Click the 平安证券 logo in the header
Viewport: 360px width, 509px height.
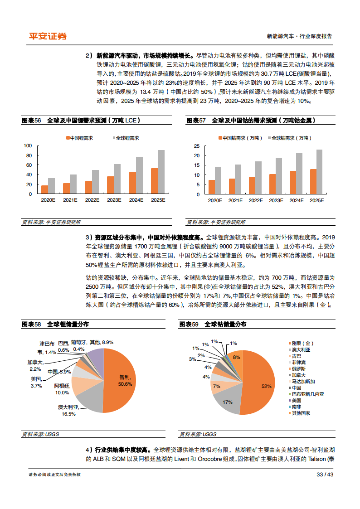tap(48, 36)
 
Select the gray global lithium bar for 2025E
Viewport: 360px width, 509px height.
tap(161, 172)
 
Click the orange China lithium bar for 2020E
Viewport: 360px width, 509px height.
tap(45, 189)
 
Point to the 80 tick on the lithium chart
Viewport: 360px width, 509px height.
tap(28, 155)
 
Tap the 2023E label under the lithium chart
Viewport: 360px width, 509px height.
tap(114, 200)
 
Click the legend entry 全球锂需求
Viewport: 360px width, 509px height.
tap(126, 138)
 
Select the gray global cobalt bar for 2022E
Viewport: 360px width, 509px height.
tap(258, 178)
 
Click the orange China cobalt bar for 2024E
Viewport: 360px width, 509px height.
tap(293, 183)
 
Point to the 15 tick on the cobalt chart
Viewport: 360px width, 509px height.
tap(197, 165)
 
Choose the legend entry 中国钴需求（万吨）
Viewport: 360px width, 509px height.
tap(240, 138)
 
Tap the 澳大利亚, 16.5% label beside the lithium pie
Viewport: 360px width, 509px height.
tap(68, 410)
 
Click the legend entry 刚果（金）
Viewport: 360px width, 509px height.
tap(301, 343)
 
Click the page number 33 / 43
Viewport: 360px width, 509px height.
tap(325, 474)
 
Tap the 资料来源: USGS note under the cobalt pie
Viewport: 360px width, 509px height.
tap(198, 434)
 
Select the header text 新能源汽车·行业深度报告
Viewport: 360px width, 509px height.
tap(299, 36)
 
